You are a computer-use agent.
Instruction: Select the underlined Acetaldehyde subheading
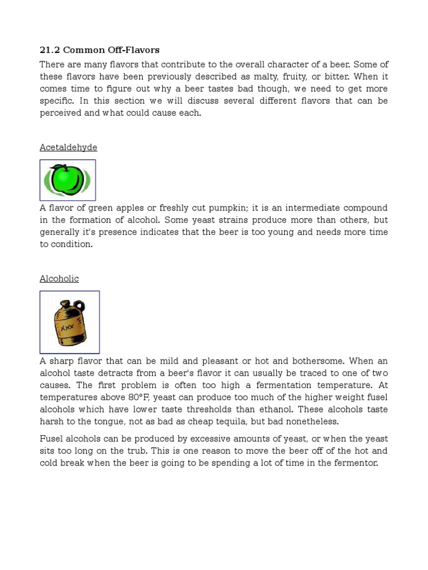point(69,148)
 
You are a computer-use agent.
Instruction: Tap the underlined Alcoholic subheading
point(59,279)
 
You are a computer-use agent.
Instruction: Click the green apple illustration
point(67,179)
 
